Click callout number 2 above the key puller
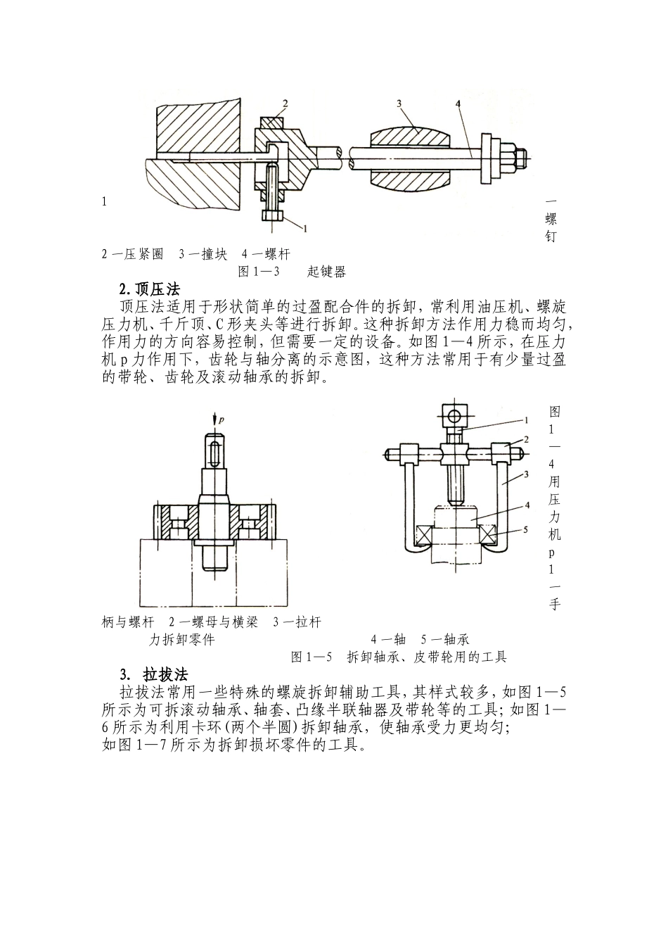pyautogui.click(x=285, y=104)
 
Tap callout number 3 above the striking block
pyautogui.click(x=399, y=103)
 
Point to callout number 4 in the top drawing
pyautogui.click(x=458, y=103)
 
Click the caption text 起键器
pyautogui.click(x=326, y=271)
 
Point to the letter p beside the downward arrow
pyautogui.click(x=221, y=420)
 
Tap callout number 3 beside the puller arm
pyautogui.click(x=525, y=476)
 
